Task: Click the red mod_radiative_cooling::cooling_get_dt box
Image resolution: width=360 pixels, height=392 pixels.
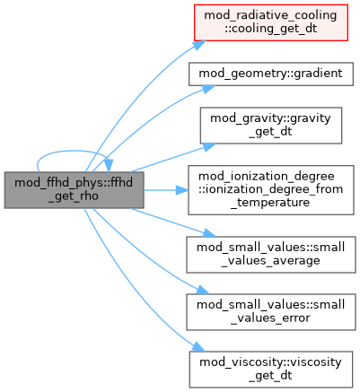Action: (271, 22)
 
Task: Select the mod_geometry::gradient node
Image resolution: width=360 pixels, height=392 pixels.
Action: (271, 74)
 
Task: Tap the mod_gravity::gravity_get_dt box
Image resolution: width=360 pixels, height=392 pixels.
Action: (271, 126)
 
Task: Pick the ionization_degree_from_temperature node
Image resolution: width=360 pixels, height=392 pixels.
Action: (271, 190)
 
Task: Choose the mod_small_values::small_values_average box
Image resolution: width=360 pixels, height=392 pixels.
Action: (271, 255)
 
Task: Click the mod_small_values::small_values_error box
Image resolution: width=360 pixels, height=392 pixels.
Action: (271, 312)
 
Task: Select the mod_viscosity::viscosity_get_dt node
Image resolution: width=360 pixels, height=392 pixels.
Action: (271, 370)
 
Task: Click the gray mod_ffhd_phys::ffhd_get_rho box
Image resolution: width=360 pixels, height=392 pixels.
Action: (74, 190)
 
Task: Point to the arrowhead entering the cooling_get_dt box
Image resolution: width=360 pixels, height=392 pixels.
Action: (199, 45)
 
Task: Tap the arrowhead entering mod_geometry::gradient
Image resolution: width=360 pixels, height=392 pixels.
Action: (207, 89)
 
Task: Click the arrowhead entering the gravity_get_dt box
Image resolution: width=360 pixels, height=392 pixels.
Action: (208, 146)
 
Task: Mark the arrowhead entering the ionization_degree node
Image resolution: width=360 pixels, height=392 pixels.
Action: (182, 190)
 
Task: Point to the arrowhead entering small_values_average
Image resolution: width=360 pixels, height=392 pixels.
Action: (208, 233)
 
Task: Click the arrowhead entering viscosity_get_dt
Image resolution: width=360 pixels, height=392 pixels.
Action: (198, 347)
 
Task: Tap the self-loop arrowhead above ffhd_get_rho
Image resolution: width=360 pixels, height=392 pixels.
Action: (109, 165)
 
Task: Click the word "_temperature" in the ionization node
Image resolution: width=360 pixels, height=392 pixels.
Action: (271, 203)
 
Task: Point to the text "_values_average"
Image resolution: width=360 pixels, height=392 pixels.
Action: (271, 261)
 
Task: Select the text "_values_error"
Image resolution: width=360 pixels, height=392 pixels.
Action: (271, 318)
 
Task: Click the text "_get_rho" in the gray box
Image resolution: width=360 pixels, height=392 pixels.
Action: (74, 196)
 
